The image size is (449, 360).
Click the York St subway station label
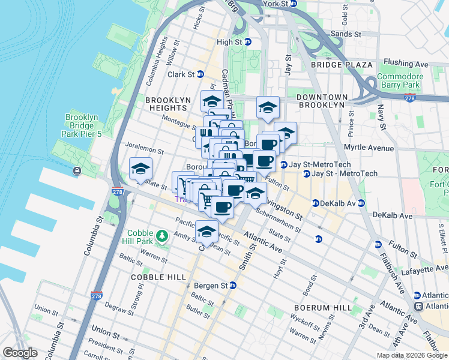pyautogui.click(x=280, y=4)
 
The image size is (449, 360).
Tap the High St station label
pyautogui.click(x=234, y=42)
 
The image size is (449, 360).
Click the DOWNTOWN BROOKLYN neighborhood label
pyautogui.click(x=322, y=101)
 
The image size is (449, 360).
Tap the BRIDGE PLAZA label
pyautogui.click(x=342, y=64)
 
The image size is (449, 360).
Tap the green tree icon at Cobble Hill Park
pyautogui.click(x=161, y=236)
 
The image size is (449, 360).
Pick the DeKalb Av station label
pyautogui.click(x=339, y=203)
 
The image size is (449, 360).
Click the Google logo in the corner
pyautogui.click(x=20, y=352)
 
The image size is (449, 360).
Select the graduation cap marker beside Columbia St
pyautogui.click(x=140, y=169)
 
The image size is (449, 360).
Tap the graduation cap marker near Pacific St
pyautogui.click(x=206, y=232)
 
